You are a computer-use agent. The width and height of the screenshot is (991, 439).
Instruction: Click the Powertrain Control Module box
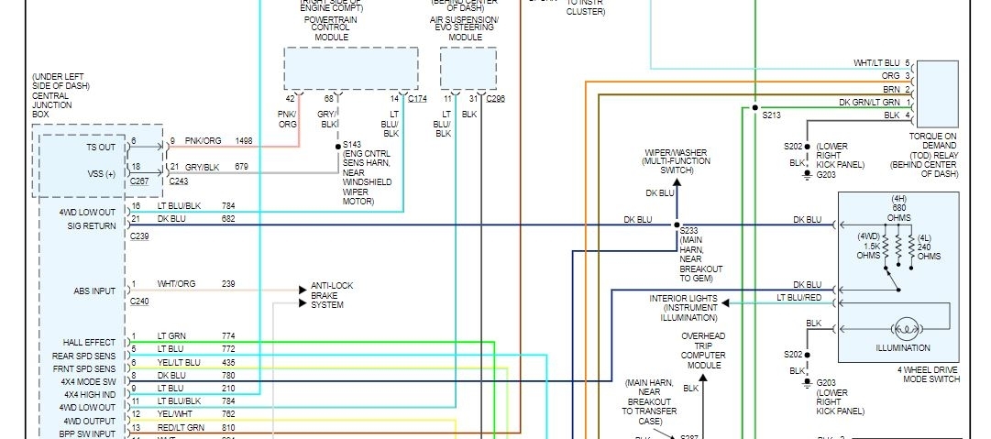(350, 68)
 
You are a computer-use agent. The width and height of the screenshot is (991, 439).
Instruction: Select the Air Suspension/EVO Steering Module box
(468, 68)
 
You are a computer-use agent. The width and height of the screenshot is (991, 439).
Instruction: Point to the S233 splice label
(688, 230)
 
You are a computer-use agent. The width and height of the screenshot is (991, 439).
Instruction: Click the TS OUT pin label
(101, 147)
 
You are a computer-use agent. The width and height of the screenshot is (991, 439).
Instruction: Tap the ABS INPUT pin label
(95, 291)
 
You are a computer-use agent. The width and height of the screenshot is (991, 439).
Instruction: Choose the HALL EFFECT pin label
(90, 343)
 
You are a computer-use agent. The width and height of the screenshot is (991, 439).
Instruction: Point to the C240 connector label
(139, 301)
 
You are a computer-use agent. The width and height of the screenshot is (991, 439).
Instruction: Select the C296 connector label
(495, 98)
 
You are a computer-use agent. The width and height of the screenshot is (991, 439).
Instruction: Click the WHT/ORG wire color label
(176, 284)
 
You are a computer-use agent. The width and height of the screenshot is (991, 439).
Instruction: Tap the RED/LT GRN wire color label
(181, 427)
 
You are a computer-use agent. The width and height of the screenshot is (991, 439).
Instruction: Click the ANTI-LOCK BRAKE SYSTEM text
(331, 295)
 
